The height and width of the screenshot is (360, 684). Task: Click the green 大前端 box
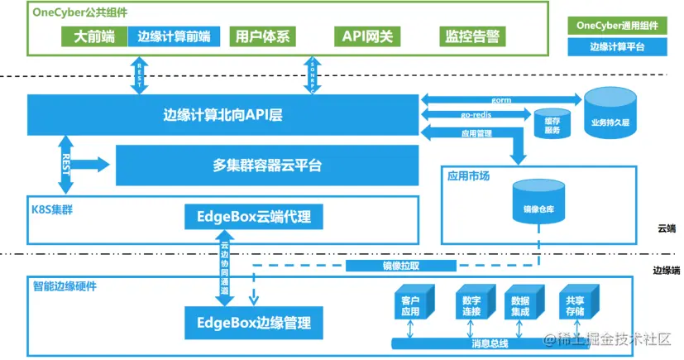[x=93, y=36]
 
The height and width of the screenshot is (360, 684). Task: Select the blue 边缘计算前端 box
[x=174, y=36]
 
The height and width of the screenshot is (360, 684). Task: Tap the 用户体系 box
[x=261, y=36]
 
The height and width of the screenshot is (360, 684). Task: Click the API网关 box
[x=367, y=36]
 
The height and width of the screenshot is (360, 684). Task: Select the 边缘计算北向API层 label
[x=223, y=115]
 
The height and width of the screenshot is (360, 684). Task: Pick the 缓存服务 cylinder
[x=552, y=124]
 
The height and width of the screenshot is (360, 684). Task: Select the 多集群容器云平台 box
[x=261, y=166]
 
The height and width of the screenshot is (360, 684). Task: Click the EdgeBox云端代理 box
[x=253, y=218]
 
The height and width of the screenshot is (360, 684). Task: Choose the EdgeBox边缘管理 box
[x=253, y=320]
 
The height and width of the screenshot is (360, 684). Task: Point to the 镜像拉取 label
[x=400, y=266]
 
